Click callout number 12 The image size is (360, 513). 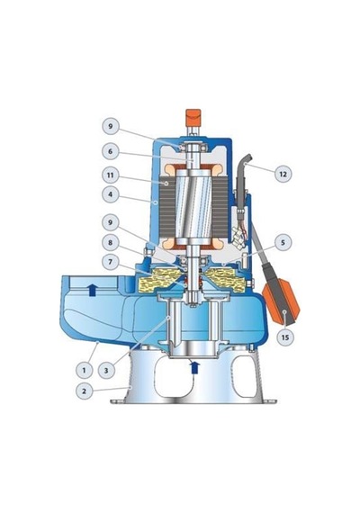283,174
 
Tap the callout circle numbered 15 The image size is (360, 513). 285,337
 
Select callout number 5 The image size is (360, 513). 283,242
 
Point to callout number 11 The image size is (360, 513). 111,175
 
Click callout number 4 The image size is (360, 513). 111,194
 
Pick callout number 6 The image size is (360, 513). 111,152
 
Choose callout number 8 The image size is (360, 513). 111,242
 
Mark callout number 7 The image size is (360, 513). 111,262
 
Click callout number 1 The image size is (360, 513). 85,370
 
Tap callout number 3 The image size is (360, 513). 106,370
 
